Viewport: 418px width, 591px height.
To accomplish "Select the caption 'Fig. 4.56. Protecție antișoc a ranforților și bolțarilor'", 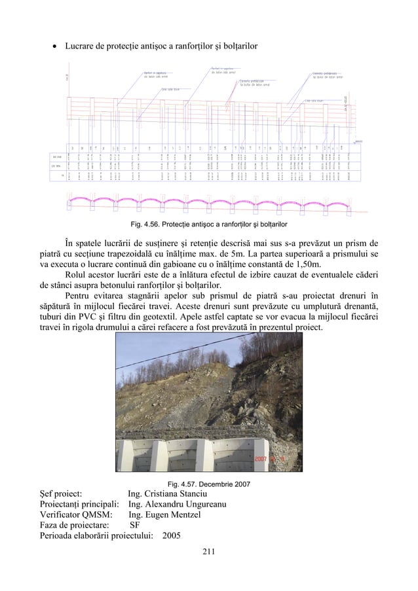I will [208, 224].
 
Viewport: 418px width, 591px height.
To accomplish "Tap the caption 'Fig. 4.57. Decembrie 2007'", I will [208, 484].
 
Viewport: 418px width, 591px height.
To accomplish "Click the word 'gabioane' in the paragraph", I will [165, 266].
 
